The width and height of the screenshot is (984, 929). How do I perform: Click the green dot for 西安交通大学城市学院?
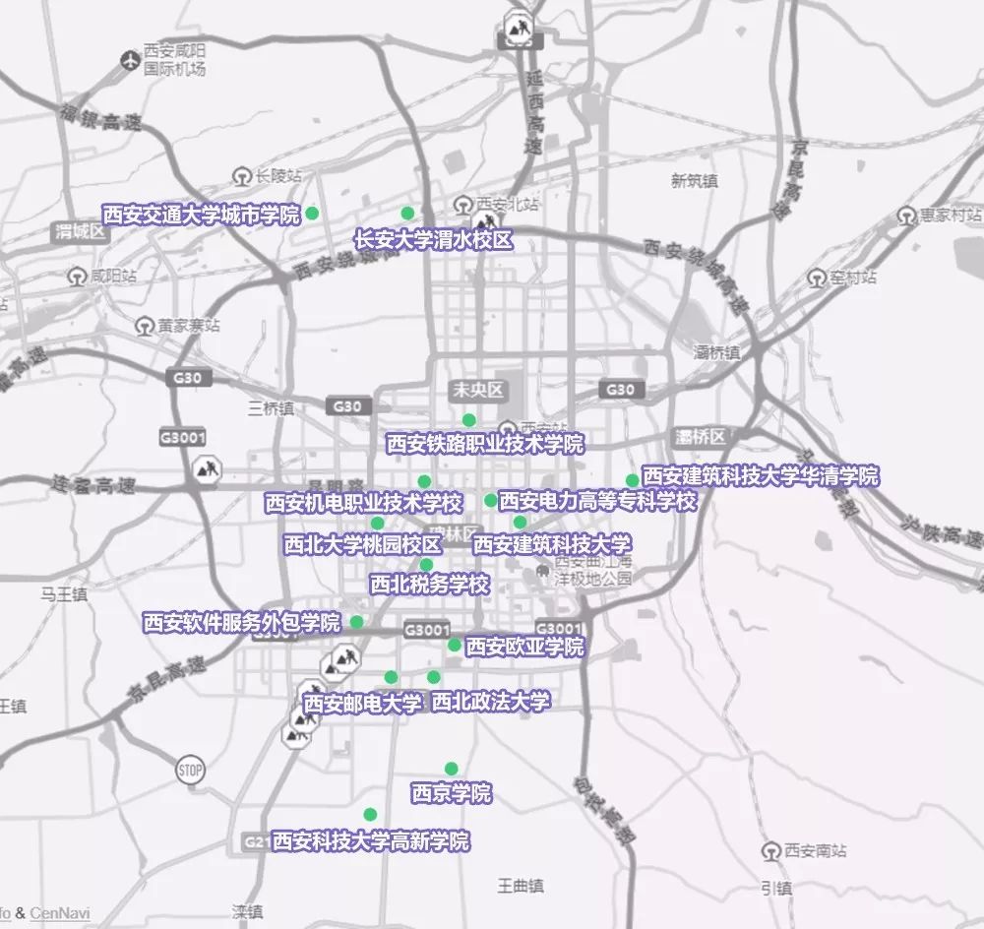pos(312,213)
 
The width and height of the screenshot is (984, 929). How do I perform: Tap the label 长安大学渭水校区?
pos(434,239)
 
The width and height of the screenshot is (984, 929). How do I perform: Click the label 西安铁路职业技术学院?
pos(485,444)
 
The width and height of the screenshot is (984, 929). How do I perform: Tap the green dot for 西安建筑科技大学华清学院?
pos(632,480)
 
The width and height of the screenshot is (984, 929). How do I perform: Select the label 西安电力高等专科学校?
pos(597,501)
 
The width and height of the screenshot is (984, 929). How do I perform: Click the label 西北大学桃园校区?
pos(362,544)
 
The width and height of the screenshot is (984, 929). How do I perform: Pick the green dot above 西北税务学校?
pos(426,564)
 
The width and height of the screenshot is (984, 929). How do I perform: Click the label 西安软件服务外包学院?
pos(241,622)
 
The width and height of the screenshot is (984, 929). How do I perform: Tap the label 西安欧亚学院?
pos(524,647)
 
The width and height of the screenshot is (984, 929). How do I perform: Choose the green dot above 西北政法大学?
pos(434,676)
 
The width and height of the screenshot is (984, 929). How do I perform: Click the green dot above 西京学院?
pos(451,769)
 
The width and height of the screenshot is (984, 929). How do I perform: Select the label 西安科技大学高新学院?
pos(371,841)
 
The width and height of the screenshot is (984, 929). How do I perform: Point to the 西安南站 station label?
pos(816,850)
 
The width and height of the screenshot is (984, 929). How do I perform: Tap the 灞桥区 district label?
pos(701,436)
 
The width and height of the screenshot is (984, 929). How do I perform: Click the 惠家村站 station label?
pos(950,215)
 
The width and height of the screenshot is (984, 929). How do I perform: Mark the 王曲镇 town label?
pos(521,887)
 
